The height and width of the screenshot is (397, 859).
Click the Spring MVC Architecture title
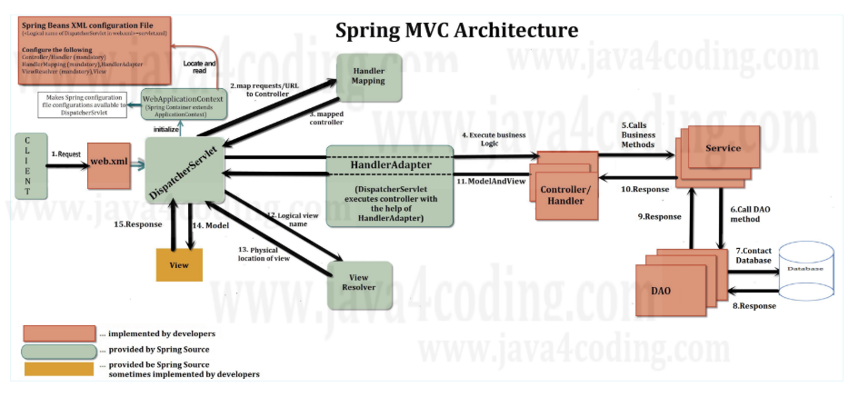(456, 29)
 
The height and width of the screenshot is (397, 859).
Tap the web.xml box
(109, 164)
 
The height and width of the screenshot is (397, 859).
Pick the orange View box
(179, 263)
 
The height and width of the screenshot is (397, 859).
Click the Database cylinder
(804, 269)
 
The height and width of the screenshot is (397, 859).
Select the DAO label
(662, 290)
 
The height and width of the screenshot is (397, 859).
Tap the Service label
(723, 148)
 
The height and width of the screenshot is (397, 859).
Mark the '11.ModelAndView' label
(491, 182)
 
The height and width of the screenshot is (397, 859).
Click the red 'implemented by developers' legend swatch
(58, 332)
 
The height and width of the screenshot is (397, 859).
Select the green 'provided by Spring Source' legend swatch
(58, 351)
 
